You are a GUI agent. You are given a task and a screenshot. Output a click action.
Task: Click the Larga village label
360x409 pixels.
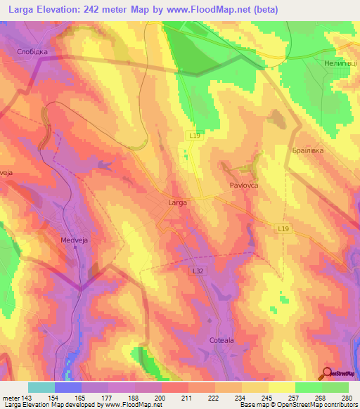[x=177, y=202]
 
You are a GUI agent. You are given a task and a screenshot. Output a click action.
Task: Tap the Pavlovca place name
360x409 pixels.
[x=245, y=185]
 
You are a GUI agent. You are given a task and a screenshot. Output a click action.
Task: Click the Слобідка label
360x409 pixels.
[x=32, y=52]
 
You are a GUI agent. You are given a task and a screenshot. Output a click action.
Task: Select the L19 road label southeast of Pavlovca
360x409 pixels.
[x=283, y=228]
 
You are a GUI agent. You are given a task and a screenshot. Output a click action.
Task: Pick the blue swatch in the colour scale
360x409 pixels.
[x=68, y=387]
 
